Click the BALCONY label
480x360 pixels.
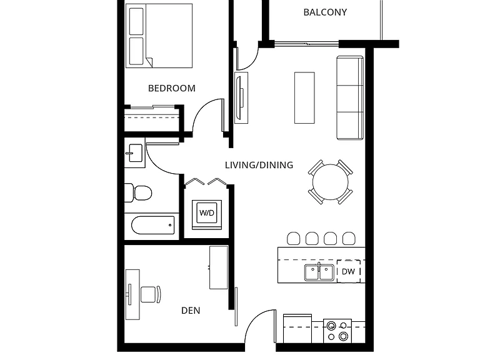(x=325, y=12)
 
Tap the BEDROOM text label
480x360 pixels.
(x=172, y=88)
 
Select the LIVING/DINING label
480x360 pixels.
(x=259, y=165)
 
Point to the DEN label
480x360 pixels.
(x=191, y=311)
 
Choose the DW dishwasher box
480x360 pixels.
(x=348, y=271)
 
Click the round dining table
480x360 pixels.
(x=330, y=182)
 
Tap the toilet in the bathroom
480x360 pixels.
(x=138, y=193)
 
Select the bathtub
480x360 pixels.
(x=152, y=226)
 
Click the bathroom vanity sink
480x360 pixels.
(x=135, y=152)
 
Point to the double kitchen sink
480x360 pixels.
(x=319, y=272)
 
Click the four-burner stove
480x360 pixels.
(x=337, y=331)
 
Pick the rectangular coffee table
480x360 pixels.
(x=304, y=98)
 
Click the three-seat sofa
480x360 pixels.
(x=350, y=97)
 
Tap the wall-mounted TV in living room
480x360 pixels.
(x=241, y=97)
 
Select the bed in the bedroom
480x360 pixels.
(x=159, y=36)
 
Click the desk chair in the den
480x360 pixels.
(x=150, y=294)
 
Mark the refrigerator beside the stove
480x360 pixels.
(x=297, y=329)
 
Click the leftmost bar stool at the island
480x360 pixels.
(x=294, y=239)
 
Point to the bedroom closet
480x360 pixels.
(x=152, y=119)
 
